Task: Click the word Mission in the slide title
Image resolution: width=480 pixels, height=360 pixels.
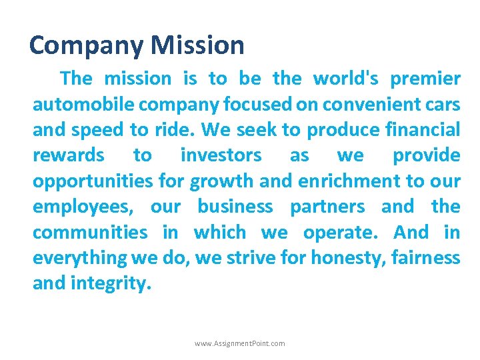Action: coord(197,45)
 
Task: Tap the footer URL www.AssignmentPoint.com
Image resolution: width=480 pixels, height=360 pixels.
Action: coord(239,343)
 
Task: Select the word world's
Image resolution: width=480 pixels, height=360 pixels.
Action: coord(346,79)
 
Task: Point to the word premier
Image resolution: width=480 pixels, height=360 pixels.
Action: coord(425,79)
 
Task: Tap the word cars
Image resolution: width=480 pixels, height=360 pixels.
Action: coord(441,104)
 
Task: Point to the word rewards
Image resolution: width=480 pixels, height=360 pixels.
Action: coord(68,155)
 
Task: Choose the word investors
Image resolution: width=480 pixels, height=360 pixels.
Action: coord(221,155)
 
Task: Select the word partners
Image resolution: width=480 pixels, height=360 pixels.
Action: coord(327,207)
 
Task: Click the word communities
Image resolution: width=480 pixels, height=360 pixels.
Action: coord(90,232)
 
